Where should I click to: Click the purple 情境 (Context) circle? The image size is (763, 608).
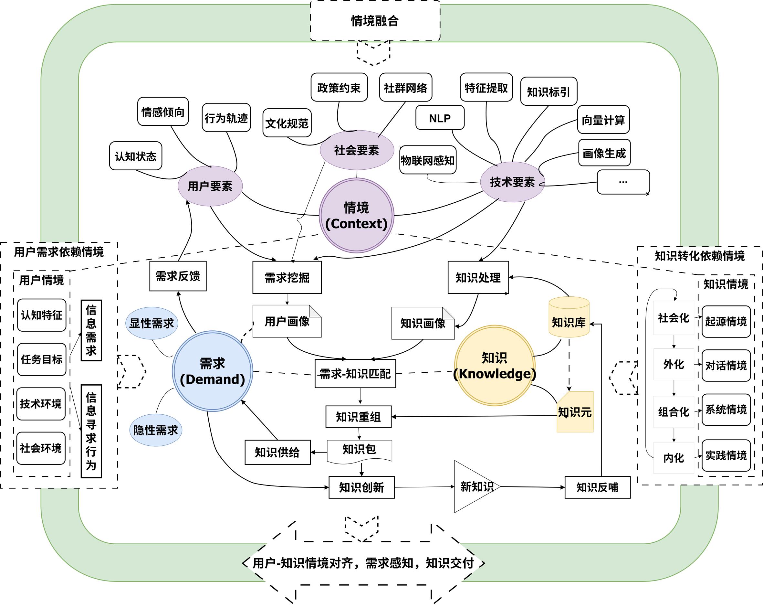coord(356,215)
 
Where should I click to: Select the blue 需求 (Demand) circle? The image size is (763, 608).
coord(212,371)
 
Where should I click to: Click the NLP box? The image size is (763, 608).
coord(440,118)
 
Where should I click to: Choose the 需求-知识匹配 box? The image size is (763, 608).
coord(355,374)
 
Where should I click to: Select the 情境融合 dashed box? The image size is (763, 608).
coord(375,21)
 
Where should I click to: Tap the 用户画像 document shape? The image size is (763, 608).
coord(287,321)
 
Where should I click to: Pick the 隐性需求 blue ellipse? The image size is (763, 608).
coord(156,430)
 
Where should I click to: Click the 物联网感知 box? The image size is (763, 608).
coord(427,160)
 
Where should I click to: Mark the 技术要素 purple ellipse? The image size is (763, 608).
coord(512,182)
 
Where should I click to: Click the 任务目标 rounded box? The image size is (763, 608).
coord(41,359)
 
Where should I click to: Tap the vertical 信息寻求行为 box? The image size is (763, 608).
coord(91,431)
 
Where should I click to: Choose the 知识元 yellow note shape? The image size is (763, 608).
coord(575,412)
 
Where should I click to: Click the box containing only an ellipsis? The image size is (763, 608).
coord(623,182)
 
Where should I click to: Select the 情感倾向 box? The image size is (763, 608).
coord(163,112)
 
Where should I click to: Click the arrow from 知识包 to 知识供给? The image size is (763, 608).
coord(319,452)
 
